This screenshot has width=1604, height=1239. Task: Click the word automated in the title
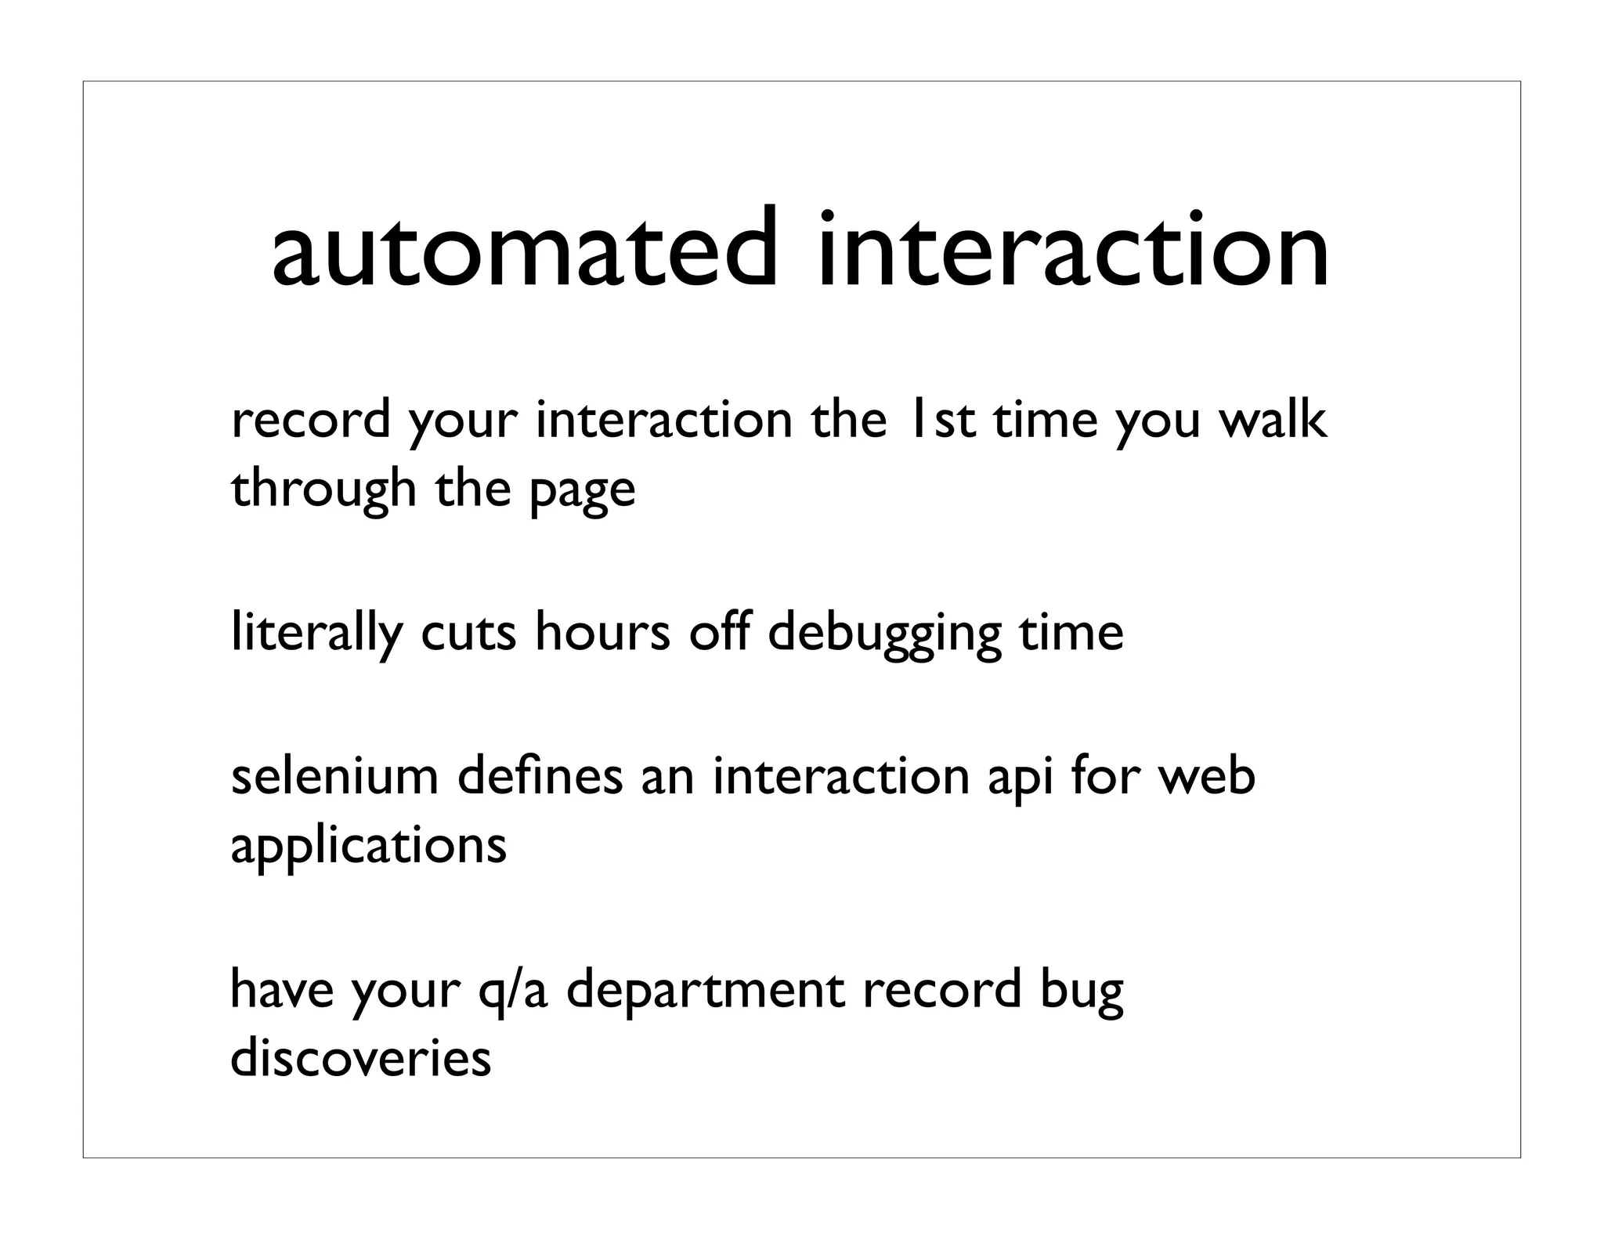click(x=525, y=251)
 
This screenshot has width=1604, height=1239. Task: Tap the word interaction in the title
click(x=1072, y=251)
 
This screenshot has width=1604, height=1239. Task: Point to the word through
click(x=323, y=489)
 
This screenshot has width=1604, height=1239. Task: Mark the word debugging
click(x=884, y=634)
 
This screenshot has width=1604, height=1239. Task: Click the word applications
click(x=368, y=846)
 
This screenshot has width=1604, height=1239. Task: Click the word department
click(x=705, y=990)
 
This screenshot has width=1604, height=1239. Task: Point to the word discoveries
click(x=360, y=1058)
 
